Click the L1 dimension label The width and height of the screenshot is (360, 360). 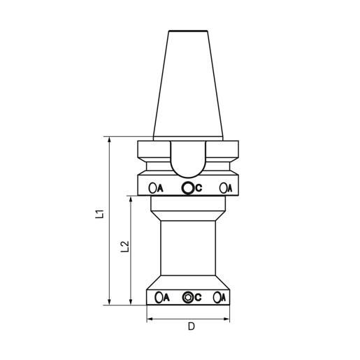click(99, 214)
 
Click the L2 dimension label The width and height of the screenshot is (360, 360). click(125, 247)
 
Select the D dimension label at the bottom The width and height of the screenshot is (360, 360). click(191, 326)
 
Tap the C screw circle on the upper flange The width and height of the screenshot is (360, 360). click(187, 188)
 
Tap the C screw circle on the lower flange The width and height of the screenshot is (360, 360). click(187, 297)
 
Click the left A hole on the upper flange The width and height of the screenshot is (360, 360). click(152, 188)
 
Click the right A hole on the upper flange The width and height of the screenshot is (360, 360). click(223, 188)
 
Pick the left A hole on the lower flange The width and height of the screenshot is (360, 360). click(159, 297)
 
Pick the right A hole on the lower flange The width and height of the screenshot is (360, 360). click(217, 297)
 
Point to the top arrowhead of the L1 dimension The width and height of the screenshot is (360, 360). click(110, 140)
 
